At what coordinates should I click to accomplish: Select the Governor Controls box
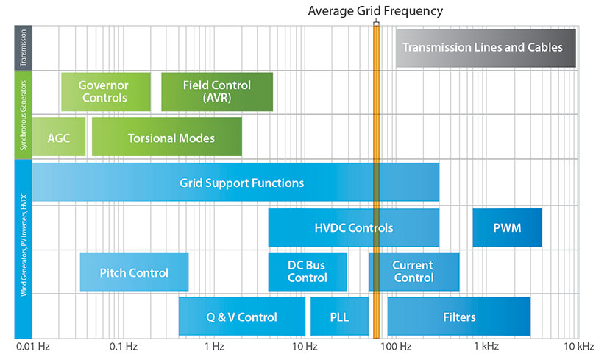(105, 91)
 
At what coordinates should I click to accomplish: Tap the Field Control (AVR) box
(217, 91)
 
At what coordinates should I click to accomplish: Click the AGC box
(58, 138)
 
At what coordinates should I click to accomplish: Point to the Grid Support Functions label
(241, 183)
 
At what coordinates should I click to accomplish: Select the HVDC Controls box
(353, 227)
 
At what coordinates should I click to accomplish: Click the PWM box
(507, 227)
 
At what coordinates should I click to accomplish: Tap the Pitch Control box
(134, 272)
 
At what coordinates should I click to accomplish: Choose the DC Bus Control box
(308, 272)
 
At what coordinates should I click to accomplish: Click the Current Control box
(413, 272)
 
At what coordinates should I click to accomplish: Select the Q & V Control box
(241, 317)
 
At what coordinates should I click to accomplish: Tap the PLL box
(339, 317)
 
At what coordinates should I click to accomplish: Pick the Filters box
(459, 317)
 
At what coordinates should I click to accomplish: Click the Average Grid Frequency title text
(375, 10)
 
